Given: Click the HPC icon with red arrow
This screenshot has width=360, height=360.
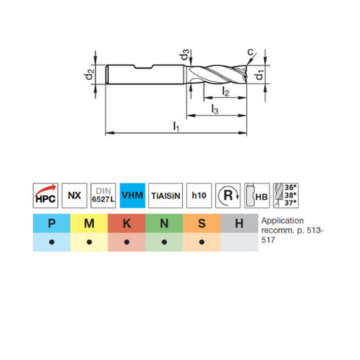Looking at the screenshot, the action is (x=46, y=195).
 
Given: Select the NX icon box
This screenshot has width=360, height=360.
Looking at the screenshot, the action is (x=74, y=195).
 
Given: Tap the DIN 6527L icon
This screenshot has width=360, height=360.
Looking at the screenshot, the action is (x=103, y=195).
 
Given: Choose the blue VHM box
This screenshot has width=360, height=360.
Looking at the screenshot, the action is (x=132, y=195).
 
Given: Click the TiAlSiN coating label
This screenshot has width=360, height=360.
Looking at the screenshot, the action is (x=165, y=195).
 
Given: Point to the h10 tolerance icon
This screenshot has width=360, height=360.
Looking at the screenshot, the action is (x=199, y=195).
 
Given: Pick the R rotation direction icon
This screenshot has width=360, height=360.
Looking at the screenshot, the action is (x=228, y=195).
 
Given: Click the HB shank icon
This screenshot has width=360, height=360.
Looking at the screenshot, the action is (x=257, y=195).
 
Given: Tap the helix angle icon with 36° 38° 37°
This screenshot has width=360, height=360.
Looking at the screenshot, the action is (x=286, y=195).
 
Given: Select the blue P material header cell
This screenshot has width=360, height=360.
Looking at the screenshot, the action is (x=51, y=223).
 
